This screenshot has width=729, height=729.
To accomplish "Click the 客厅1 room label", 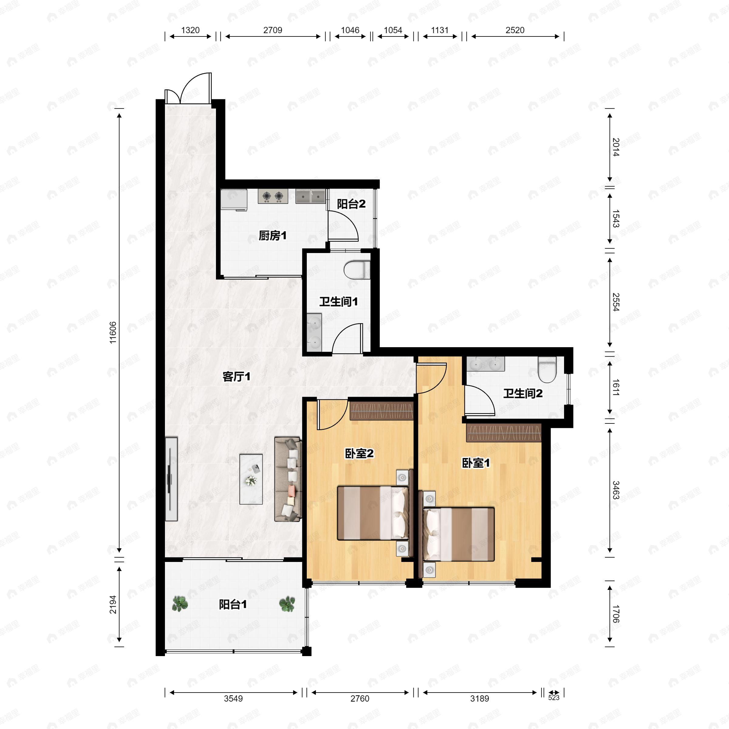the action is [x=236, y=377].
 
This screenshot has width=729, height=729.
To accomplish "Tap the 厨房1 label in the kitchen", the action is [x=272, y=236].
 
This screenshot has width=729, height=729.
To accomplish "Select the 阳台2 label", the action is [x=351, y=204].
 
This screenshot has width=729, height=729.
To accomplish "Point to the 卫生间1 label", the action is [x=338, y=302].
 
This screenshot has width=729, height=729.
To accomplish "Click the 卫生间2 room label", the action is [x=523, y=394].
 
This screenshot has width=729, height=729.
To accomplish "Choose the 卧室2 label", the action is [x=359, y=453].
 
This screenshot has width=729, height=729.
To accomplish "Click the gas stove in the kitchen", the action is [x=273, y=196].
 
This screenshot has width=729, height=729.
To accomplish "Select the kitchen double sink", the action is [x=310, y=196].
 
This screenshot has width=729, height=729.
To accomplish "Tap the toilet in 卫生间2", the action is [x=547, y=370].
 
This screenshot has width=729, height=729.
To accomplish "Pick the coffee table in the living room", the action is [x=251, y=479].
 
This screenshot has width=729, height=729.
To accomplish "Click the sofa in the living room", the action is [x=288, y=479].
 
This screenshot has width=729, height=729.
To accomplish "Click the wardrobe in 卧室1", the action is [x=504, y=433].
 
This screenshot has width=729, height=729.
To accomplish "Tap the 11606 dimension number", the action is [x=113, y=332].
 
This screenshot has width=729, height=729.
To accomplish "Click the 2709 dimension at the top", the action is [x=272, y=30].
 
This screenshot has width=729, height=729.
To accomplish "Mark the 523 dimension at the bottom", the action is [x=553, y=698].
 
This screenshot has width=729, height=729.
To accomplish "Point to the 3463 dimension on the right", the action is [x=615, y=490].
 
